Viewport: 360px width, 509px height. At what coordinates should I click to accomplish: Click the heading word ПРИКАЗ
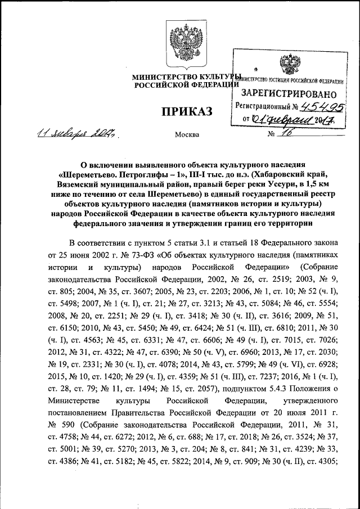[187, 112]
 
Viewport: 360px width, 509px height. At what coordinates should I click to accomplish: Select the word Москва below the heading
[187, 136]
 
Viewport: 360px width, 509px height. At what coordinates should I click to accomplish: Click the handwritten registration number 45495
[323, 105]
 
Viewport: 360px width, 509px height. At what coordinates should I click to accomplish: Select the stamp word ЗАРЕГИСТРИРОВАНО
[290, 93]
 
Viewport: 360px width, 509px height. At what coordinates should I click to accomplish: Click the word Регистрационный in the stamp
[263, 106]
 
